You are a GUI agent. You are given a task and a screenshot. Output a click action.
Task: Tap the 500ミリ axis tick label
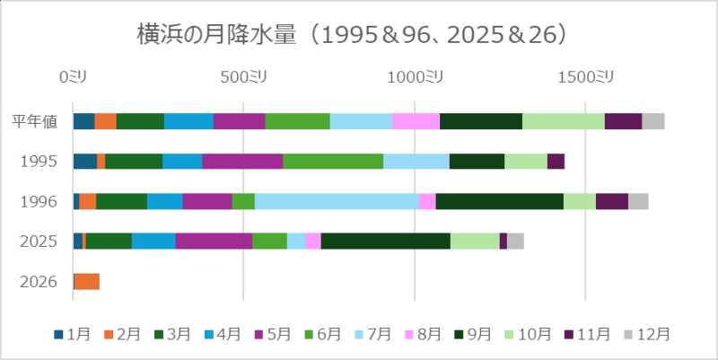[x=244, y=77]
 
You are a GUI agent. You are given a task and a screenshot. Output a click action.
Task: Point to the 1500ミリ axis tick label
[x=585, y=77]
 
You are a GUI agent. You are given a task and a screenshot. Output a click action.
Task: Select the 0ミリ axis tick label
[x=74, y=77]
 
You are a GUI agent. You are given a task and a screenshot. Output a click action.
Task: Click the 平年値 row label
[x=35, y=121]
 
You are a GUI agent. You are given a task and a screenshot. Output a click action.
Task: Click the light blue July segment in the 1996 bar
[x=337, y=201]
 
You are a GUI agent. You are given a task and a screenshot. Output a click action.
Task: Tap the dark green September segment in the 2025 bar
[x=385, y=241]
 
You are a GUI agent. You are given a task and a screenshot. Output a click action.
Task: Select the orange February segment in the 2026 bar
[x=87, y=281]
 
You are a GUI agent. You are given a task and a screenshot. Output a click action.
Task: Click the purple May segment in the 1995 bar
[x=242, y=162]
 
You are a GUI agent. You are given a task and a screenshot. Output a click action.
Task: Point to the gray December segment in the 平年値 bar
[x=653, y=121]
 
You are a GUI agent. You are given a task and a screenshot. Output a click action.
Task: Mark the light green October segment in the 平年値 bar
[x=564, y=121]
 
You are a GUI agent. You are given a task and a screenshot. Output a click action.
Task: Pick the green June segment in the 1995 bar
[x=333, y=162]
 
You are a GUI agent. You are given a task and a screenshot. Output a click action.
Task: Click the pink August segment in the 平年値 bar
[x=416, y=121]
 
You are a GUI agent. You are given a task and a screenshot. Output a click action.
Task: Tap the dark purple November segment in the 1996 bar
[x=611, y=201]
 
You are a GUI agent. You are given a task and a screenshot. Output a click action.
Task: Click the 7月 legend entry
[x=379, y=333]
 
